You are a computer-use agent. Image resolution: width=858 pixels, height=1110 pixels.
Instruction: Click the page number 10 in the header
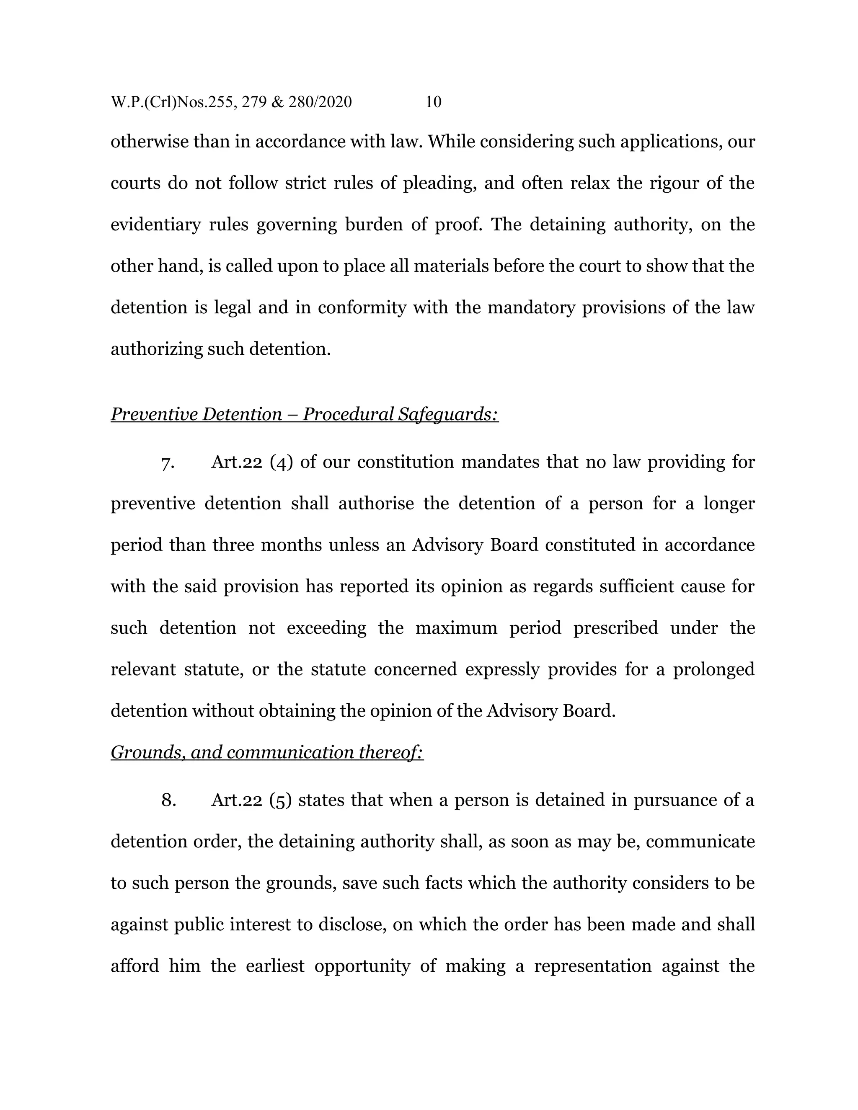coord(433,102)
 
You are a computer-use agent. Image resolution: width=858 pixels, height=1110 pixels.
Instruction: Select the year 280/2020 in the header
coord(320,102)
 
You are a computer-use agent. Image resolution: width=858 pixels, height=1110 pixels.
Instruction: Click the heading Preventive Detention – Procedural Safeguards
coord(305,414)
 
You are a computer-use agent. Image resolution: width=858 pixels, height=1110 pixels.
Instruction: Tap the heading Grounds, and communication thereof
coord(267,752)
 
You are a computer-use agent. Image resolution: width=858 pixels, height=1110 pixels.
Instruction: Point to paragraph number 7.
coord(168,462)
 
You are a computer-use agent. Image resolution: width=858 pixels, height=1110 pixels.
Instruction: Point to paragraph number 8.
coord(168,800)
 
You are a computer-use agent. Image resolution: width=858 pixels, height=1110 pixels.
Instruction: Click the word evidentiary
coord(155,225)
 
